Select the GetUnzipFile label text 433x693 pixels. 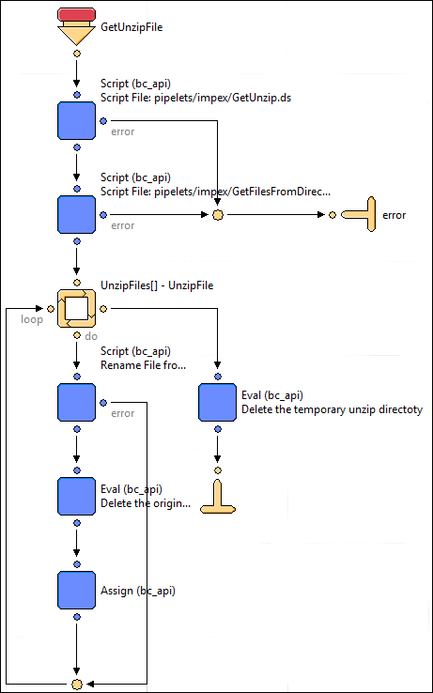point(131,27)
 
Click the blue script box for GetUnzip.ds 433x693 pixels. point(76,120)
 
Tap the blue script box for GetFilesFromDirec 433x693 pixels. point(76,215)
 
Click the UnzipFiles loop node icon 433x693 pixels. point(76,309)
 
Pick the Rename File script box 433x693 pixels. point(76,402)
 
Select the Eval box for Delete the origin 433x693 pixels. point(76,496)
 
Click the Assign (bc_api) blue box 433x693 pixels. point(76,590)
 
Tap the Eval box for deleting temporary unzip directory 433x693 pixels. point(217,402)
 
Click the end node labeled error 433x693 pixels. point(359,215)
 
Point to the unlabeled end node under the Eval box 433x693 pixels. point(217,497)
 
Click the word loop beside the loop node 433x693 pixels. point(32,319)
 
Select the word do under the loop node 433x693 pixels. point(91,336)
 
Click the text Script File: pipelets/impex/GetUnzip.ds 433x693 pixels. point(196,98)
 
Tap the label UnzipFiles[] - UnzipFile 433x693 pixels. point(157,285)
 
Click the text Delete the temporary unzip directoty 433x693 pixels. point(332,409)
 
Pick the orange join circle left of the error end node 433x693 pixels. point(217,215)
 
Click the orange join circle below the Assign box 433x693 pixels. point(76,684)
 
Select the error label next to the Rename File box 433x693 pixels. point(122,413)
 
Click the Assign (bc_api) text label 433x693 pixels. point(138,591)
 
